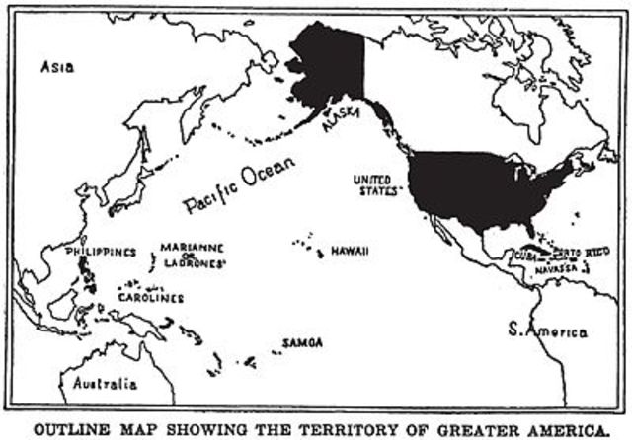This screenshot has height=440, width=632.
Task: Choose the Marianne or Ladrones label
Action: pos(193,256)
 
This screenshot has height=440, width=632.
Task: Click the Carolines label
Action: pos(151,297)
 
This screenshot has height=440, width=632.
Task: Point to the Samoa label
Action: pos(302,342)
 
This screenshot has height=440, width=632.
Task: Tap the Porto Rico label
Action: pos(584,253)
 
